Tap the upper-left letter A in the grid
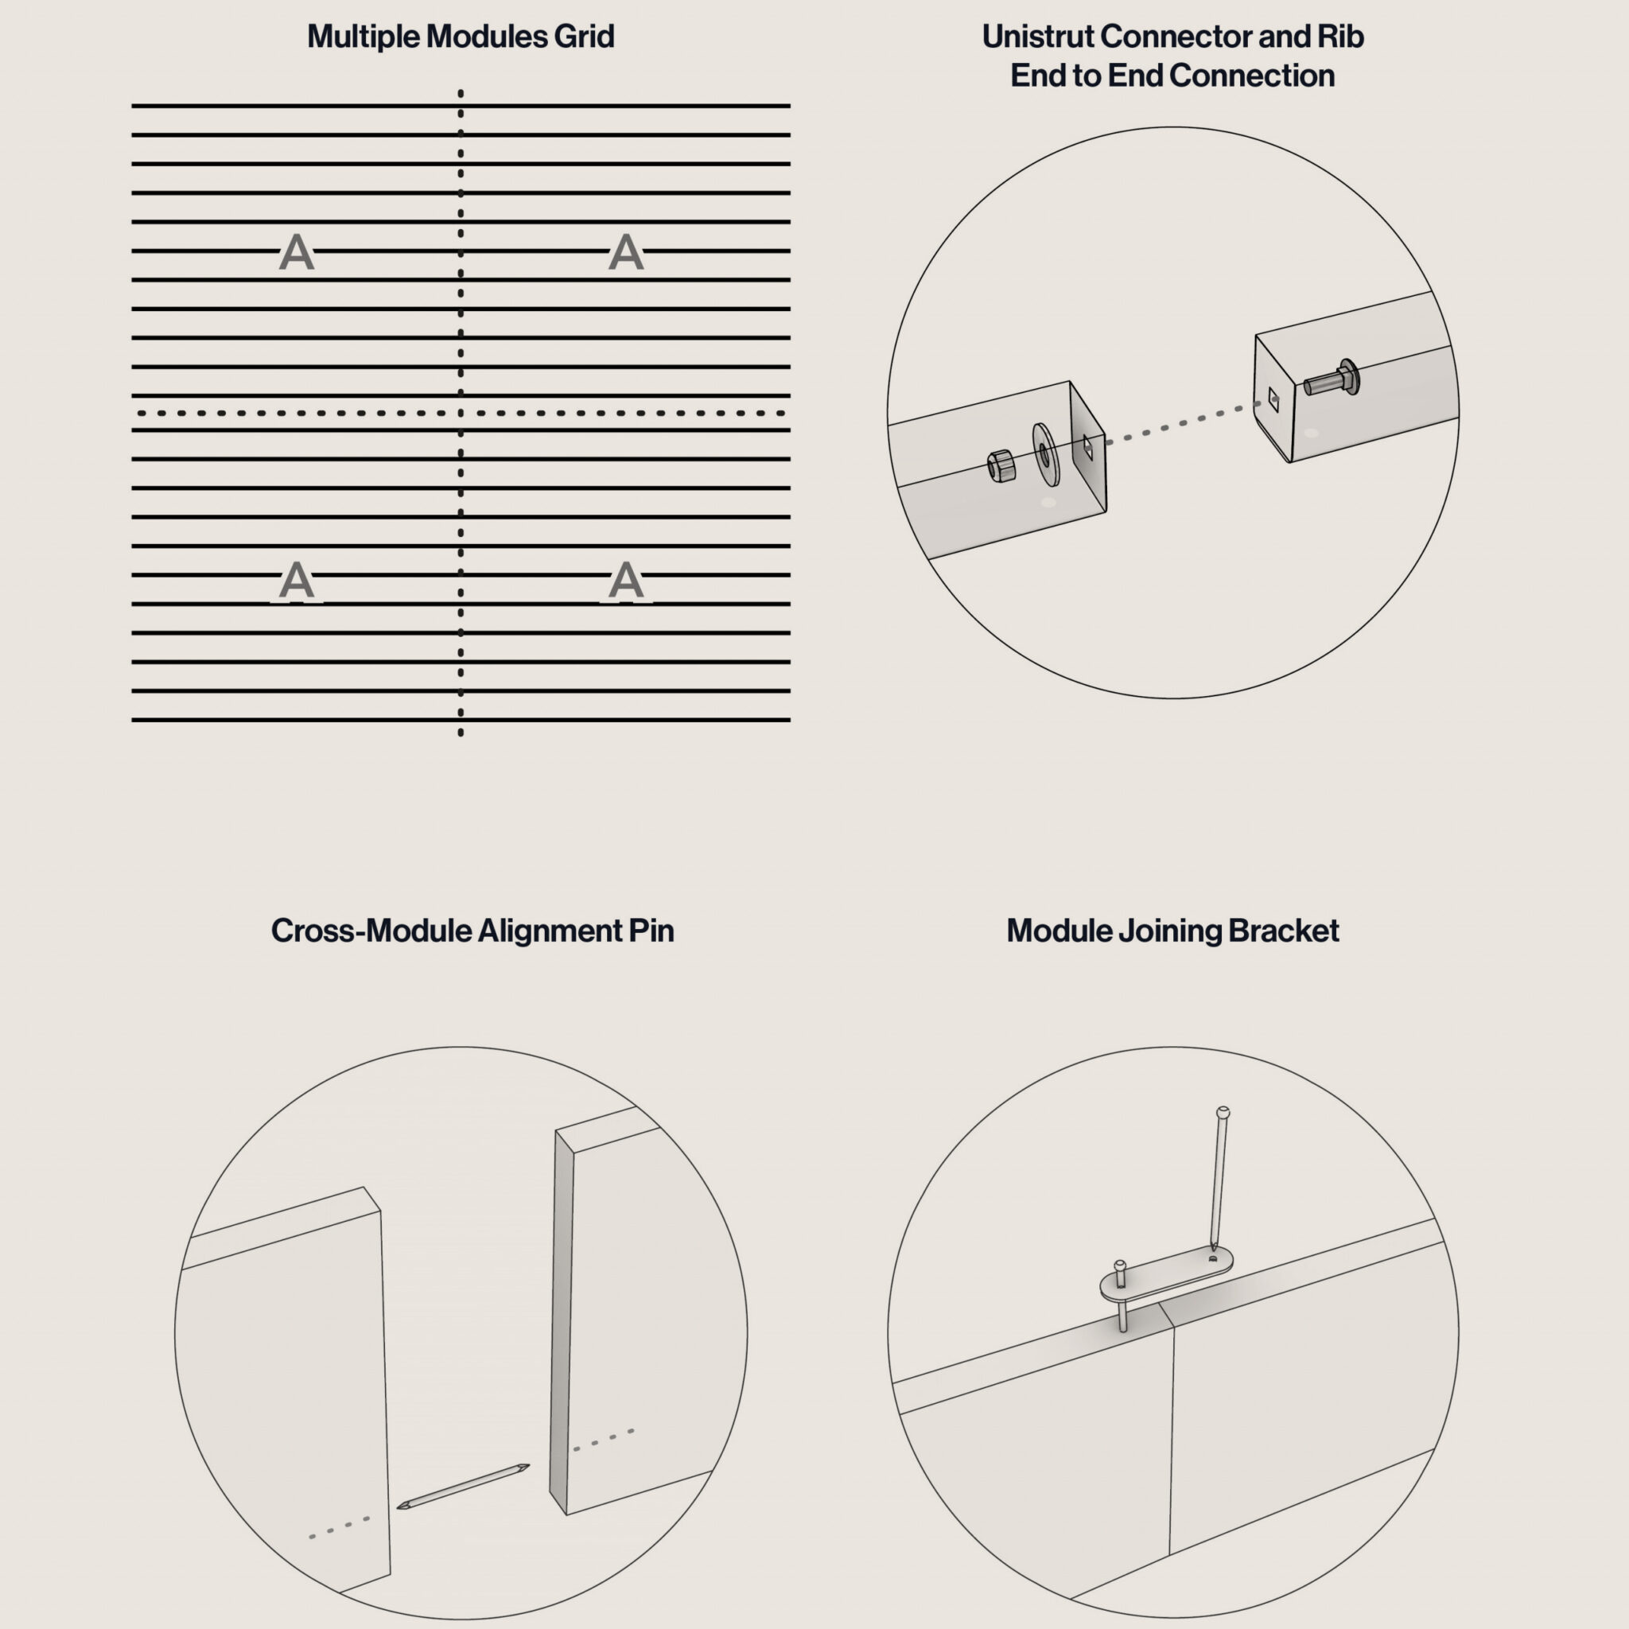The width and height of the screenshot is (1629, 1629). (296, 252)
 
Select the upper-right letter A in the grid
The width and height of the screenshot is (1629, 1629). (626, 252)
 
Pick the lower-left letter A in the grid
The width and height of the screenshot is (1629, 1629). (296, 580)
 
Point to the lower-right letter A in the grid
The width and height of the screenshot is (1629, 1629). (626, 580)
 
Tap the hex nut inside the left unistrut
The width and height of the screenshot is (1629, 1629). (1001, 466)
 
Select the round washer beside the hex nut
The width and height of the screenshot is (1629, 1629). (1047, 454)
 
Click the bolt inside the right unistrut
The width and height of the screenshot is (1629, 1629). (1332, 379)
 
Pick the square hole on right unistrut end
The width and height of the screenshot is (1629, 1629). (1273, 399)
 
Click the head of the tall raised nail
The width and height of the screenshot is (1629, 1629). (1223, 1113)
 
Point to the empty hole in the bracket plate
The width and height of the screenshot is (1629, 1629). (1212, 1259)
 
